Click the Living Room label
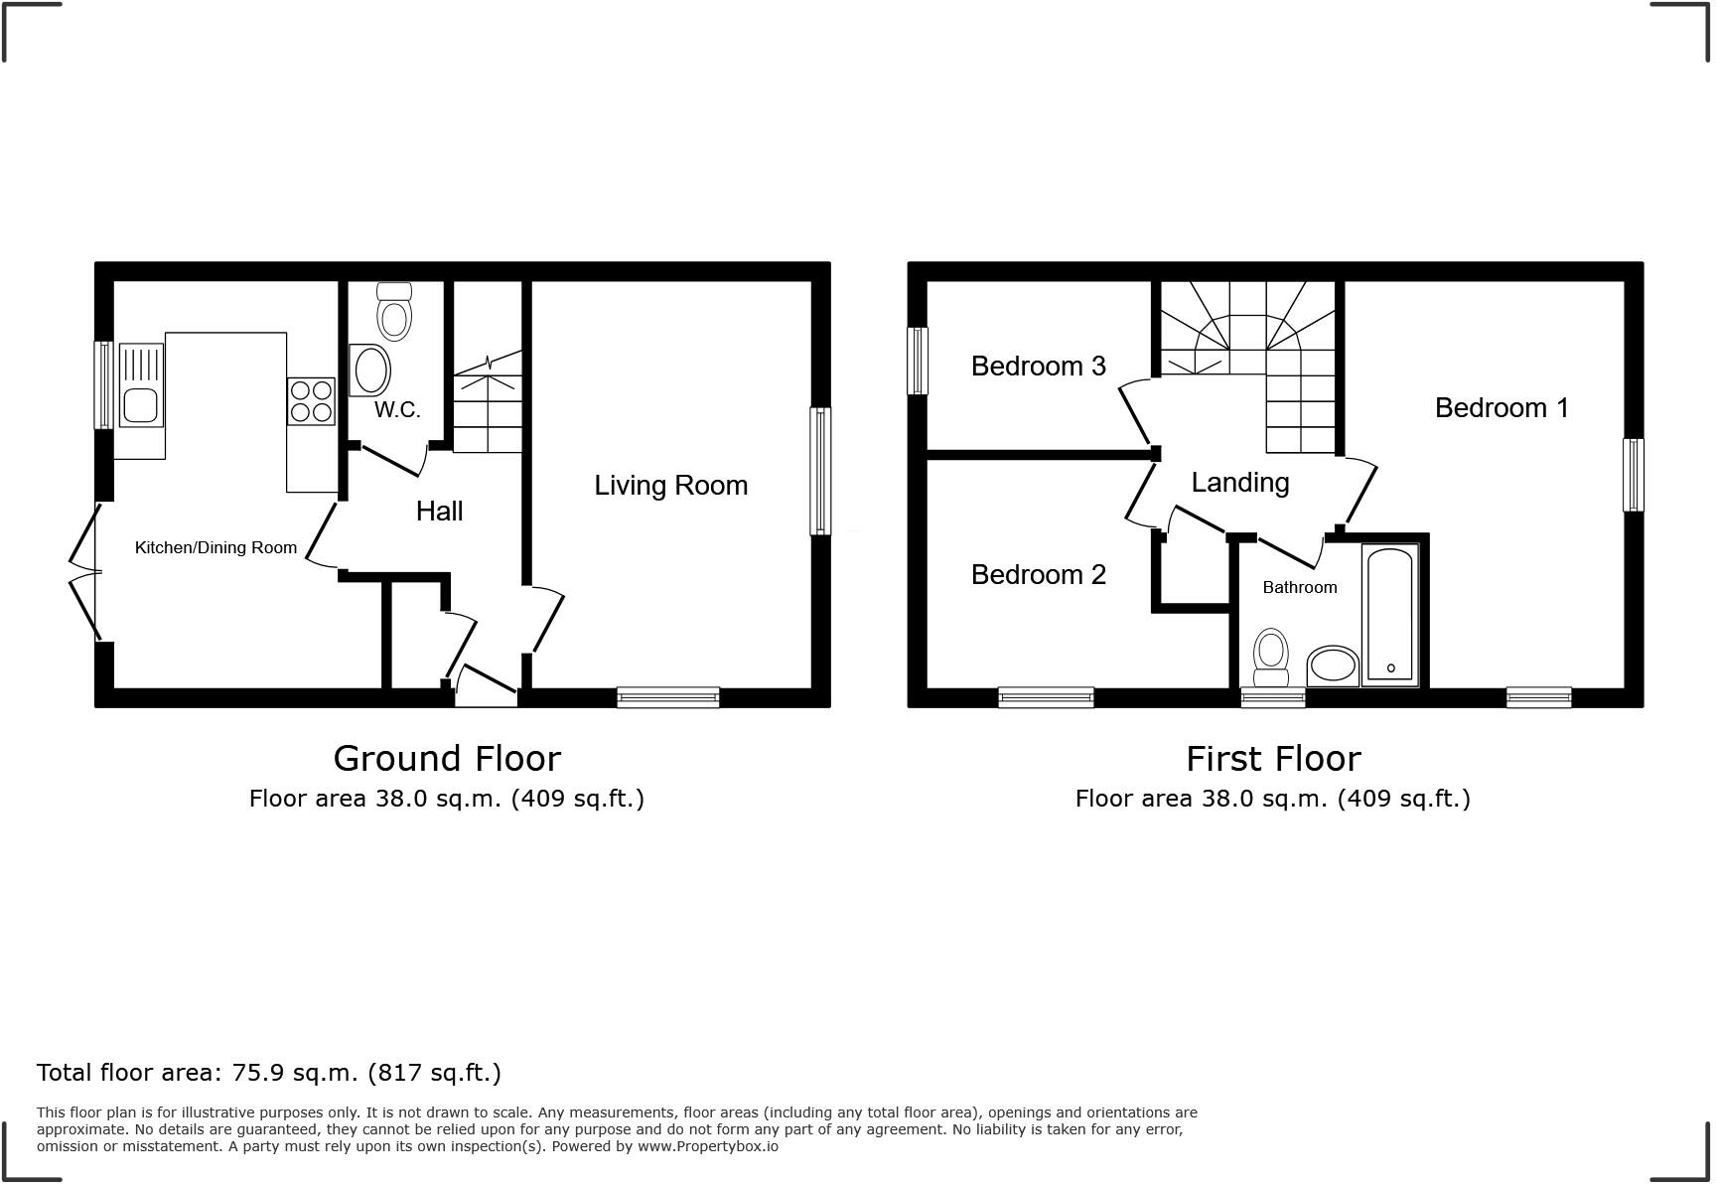[670, 486]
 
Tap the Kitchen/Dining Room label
[215, 547]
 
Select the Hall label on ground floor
[439, 512]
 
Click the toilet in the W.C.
[394, 312]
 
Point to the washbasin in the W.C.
[371, 370]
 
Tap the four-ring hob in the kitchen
[312, 401]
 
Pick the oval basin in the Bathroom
[1332, 666]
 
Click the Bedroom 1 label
[1501, 408]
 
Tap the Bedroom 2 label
[1038, 575]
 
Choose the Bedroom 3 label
[1038, 367]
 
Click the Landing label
[1239, 483]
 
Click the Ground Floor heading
[447, 759]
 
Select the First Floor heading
[1273, 759]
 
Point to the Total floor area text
[269, 1073]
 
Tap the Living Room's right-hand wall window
[820, 471]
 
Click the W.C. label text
[397, 410]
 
